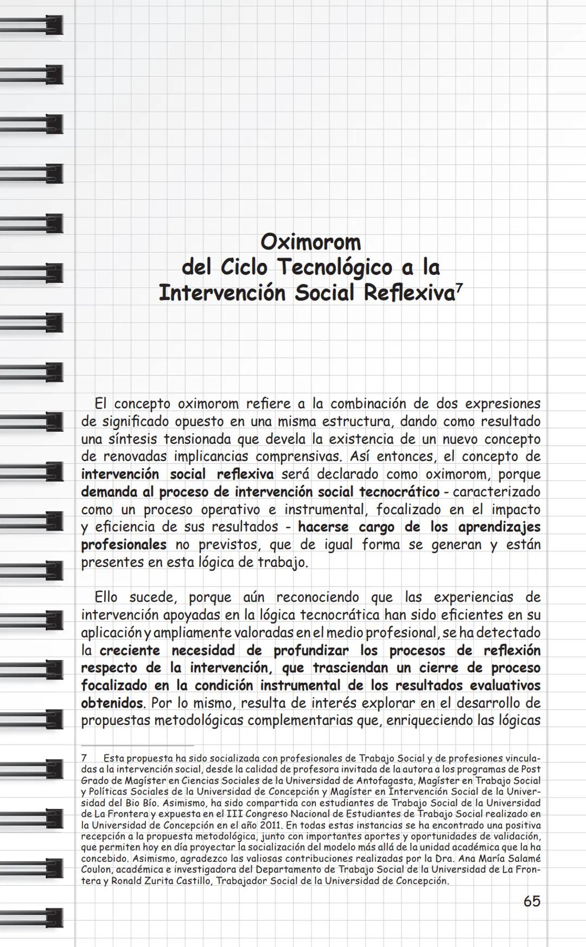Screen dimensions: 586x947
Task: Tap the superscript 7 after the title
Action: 459,289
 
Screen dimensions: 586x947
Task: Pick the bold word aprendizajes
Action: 499,527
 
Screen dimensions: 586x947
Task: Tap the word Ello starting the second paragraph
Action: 106,597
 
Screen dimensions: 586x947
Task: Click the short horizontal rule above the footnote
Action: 137,746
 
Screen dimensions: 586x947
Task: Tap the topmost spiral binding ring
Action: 33,24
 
